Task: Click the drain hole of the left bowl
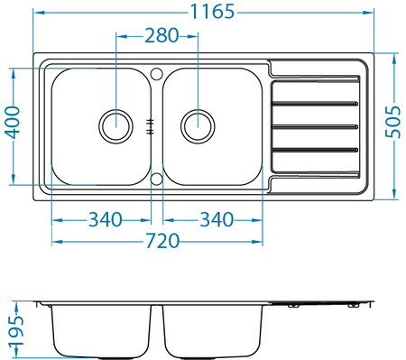point(115,125)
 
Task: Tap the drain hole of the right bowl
point(198,125)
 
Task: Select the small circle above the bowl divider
point(156,72)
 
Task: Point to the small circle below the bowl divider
point(156,179)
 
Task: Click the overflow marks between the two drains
point(152,125)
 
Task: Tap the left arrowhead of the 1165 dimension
point(36,12)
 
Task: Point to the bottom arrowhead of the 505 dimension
point(394,195)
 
